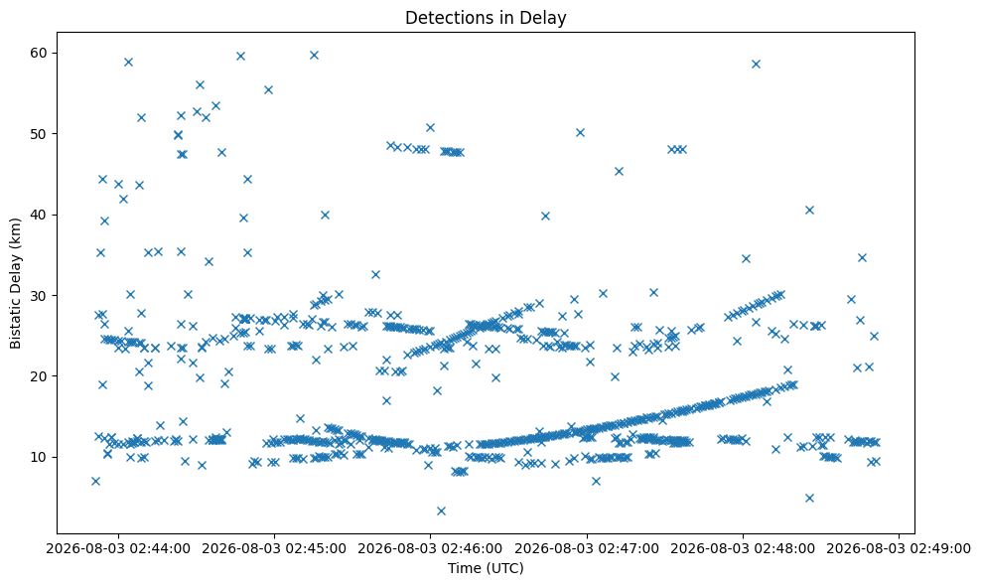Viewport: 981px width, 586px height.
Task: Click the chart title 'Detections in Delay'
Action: click(486, 18)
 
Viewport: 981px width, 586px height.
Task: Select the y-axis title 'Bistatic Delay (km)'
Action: click(16, 283)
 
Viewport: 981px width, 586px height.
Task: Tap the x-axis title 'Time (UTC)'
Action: click(486, 568)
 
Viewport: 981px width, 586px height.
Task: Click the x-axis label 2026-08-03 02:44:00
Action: click(118, 549)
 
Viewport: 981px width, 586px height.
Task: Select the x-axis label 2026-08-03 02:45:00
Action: click(274, 549)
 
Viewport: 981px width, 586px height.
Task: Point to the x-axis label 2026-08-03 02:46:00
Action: click(431, 549)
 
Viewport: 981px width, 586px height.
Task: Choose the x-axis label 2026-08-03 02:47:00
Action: click(587, 549)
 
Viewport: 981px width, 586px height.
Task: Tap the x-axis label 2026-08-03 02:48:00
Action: click(744, 549)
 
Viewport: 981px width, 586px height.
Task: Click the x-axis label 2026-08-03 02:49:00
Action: click(899, 549)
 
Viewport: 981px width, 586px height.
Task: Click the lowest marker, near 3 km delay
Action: click(441, 511)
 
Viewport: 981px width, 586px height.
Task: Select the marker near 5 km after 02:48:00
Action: click(809, 498)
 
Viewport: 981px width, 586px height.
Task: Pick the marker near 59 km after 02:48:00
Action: click(756, 64)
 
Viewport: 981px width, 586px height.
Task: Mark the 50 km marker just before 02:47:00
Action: click(580, 132)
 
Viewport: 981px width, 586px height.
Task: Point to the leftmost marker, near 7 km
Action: click(95, 481)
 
